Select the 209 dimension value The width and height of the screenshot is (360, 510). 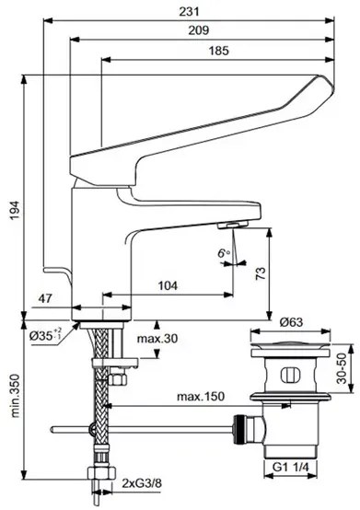(199, 29)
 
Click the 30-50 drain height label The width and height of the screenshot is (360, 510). (341, 371)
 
